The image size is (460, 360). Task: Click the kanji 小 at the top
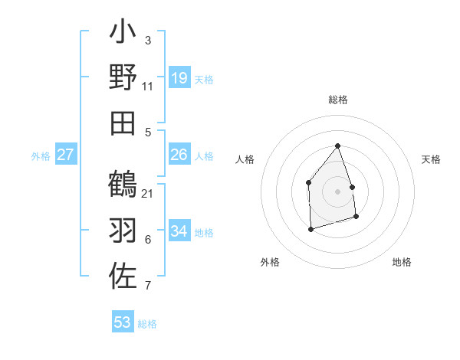point(123,34)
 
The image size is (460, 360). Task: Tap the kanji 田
point(123,123)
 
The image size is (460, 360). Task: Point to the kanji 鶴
point(123,185)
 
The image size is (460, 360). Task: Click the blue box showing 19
point(179,78)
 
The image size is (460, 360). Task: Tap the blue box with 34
point(179,232)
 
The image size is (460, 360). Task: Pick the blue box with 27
point(66,155)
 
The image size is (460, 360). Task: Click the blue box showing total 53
point(123,322)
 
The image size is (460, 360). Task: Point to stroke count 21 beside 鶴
point(148,193)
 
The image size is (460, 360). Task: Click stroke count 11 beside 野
point(148,86)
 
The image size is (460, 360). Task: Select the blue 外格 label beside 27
point(41,156)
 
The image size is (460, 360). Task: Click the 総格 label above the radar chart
point(338,100)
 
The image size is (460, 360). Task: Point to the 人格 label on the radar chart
point(245,159)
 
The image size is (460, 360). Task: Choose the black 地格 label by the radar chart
point(402,262)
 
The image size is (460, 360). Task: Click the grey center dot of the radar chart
point(337,191)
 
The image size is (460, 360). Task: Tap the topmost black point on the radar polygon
point(337,146)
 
